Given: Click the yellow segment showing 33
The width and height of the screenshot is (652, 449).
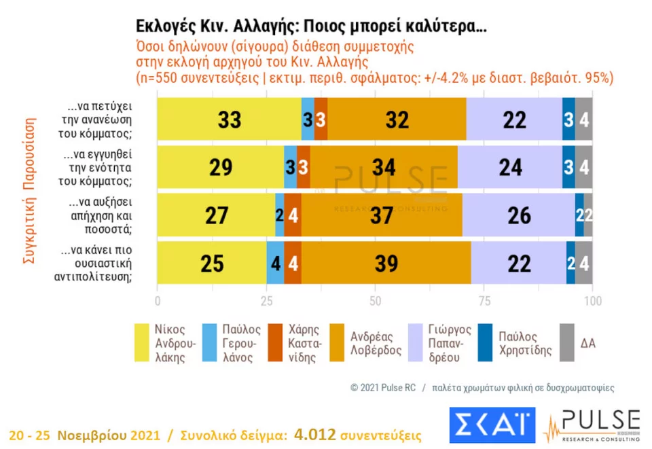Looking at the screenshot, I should tap(229, 120).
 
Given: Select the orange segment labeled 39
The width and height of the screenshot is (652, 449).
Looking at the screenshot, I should tap(386, 264).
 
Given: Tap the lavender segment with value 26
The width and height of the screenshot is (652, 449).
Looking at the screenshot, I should tap(518, 215).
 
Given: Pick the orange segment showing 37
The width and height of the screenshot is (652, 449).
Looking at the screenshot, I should tap(382, 215).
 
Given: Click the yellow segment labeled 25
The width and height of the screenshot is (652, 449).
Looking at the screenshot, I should tap(212, 264).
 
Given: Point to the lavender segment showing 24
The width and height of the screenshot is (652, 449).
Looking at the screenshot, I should tap(509, 167).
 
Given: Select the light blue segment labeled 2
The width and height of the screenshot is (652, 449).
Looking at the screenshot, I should tap(280, 215).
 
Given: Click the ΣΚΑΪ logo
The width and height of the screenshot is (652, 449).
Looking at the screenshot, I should tap(492, 425).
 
